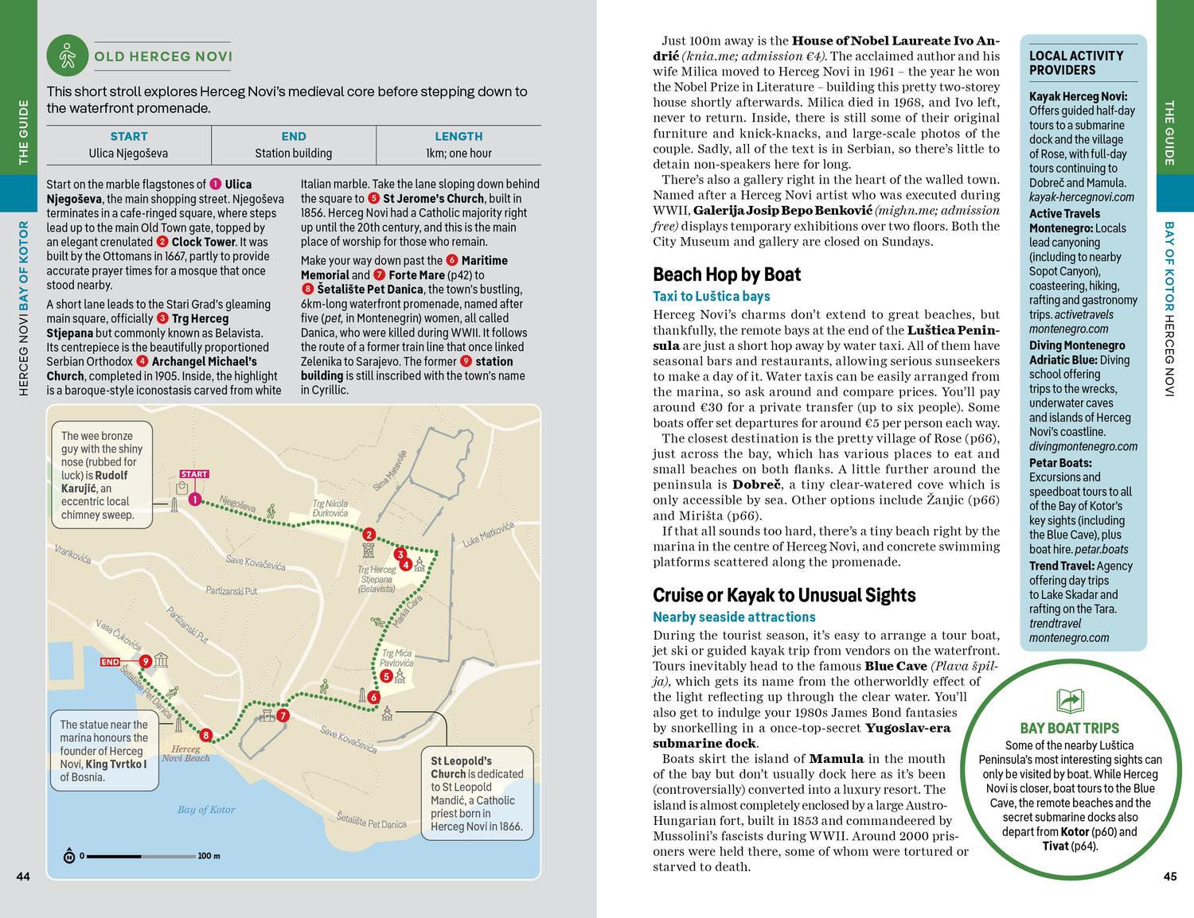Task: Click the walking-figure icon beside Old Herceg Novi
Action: coord(67,56)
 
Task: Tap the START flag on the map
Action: coord(194,474)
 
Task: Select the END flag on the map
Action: coord(110,662)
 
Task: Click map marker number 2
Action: coord(369,535)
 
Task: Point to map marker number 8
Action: coord(205,735)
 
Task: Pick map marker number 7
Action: coord(283,715)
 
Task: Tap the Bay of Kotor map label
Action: coord(206,810)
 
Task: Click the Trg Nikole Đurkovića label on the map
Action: coord(330,508)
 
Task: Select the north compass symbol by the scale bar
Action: coord(69,856)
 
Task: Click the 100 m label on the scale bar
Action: coord(209,856)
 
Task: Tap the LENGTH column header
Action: coord(458,137)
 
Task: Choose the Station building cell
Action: coord(294,154)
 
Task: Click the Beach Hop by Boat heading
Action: coord(727,274)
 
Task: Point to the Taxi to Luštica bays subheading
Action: coord(712,296)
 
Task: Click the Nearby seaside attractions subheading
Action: coord(734,617)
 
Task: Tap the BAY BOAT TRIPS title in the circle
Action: coord(1069,728)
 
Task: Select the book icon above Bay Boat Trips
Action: coord(1070,701)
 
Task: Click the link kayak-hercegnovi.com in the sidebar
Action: coord(1082,197)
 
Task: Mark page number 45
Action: coord(1169,877)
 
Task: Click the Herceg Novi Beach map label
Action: coord(185,753)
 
